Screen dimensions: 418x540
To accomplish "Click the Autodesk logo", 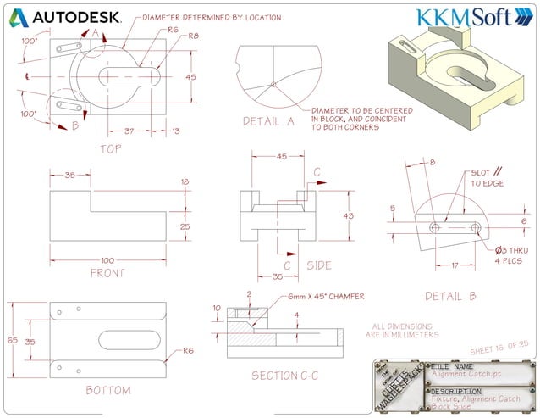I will (x=67, y=17).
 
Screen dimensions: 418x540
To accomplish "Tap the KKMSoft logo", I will (x=464, y=18).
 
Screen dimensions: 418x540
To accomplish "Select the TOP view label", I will (x=111, y=148).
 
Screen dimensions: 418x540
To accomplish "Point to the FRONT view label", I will (x=107, y=273).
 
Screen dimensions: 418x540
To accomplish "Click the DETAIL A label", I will (x=268, y=121).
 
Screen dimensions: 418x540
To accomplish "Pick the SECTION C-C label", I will (x=286, y=375).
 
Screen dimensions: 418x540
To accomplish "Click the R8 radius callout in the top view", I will (x=193, y=36).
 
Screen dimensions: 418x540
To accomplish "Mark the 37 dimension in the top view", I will (x=129, y=131).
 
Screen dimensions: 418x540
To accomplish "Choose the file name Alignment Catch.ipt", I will (x=467, y=372).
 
